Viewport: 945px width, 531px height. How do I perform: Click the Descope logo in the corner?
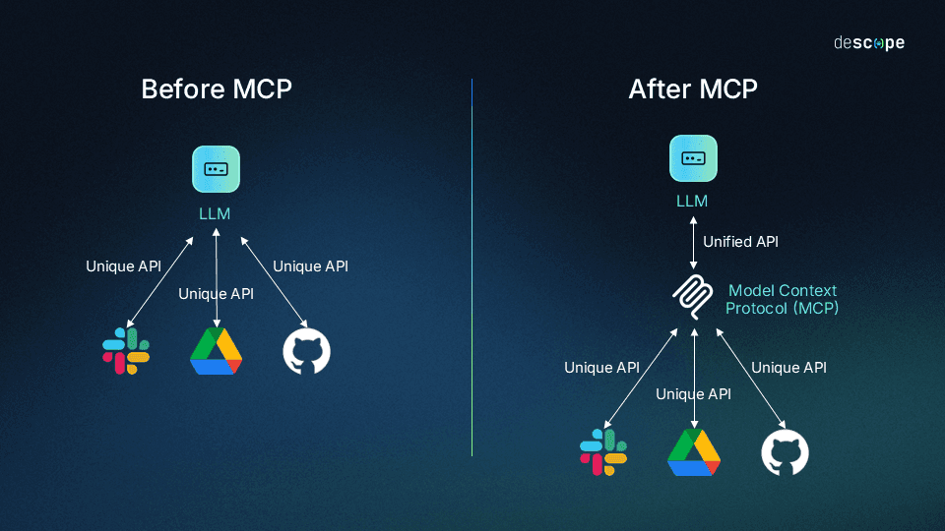(868, 43)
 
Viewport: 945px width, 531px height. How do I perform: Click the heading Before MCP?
(217, 88)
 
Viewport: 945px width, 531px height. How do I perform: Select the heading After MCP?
(693, 88)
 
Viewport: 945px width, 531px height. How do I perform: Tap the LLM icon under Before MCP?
(216, 169)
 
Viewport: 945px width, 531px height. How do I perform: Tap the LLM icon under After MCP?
(693, 158)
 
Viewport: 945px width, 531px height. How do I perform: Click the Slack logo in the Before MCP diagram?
(126, 351)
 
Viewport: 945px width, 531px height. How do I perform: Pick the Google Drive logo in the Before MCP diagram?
(216, 351)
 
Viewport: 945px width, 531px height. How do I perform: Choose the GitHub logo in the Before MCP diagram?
(307, 352)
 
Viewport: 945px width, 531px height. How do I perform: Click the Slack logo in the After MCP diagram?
(603, 452)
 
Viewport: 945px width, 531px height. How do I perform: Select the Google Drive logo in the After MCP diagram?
(694, 452)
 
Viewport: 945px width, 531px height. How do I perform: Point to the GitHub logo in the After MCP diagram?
(785, 453)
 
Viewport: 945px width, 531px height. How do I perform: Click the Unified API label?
(740, 241)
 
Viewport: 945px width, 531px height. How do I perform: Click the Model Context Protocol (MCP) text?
(783, 300)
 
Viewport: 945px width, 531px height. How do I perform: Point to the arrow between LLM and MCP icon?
(694, 242)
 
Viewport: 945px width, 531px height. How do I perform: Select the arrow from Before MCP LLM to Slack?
(160, 280)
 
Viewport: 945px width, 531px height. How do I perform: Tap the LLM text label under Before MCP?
(215, 213)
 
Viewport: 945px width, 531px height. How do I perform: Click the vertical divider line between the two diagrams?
(472, 265)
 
